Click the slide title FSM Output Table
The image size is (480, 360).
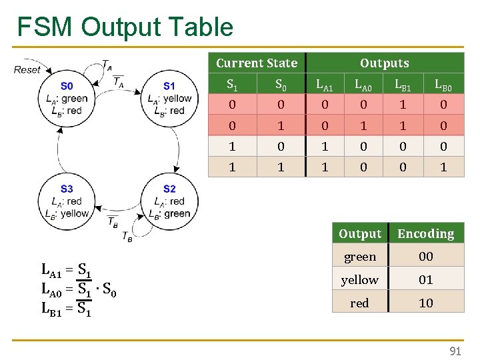coord(125,27)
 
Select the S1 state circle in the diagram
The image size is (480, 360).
coord(169,98)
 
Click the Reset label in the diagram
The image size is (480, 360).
coord(27,69)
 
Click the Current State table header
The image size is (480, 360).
coord(257,63)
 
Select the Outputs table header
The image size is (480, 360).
coord(384,63)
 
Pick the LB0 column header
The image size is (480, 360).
coord(443,85)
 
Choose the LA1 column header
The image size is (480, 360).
coord(325,85)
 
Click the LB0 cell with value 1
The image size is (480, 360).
coord(443,167)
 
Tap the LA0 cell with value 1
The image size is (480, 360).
coord(363,126)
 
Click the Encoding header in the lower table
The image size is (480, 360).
coord(425,234)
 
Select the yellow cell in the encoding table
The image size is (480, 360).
coord(359,280)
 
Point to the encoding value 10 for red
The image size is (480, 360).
coord(425,303)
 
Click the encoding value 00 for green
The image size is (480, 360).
coord(425,257)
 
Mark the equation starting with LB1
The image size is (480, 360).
coord(67,309)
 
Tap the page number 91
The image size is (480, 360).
coord(455,351)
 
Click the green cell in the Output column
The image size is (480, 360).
coord(359,257)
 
